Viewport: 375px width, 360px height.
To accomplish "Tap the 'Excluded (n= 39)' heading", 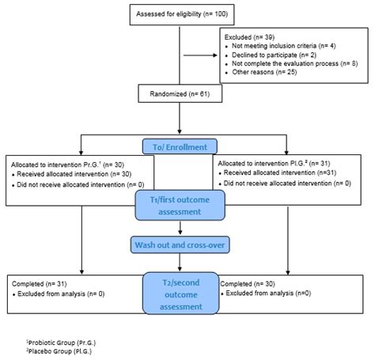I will pos(250,36).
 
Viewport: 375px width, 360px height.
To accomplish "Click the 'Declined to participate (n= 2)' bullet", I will pos(274,55).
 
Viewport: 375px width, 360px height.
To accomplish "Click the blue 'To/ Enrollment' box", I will pos(181,147).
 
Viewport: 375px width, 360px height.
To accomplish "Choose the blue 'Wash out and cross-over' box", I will pos(181,246).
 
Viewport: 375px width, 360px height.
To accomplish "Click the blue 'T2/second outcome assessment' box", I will pos(181,293).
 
